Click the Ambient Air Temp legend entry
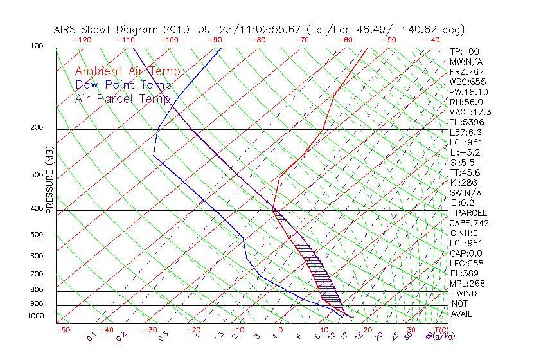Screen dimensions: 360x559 [127, 71]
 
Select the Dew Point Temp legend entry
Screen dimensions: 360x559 [123, 85]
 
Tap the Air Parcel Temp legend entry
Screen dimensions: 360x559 [123, 98]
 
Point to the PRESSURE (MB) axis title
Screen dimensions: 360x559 [49, 180]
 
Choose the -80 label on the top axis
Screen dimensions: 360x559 [258, 40]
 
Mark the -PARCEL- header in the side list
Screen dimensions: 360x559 [471, 213]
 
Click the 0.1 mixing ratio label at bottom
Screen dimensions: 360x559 [91, 335]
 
